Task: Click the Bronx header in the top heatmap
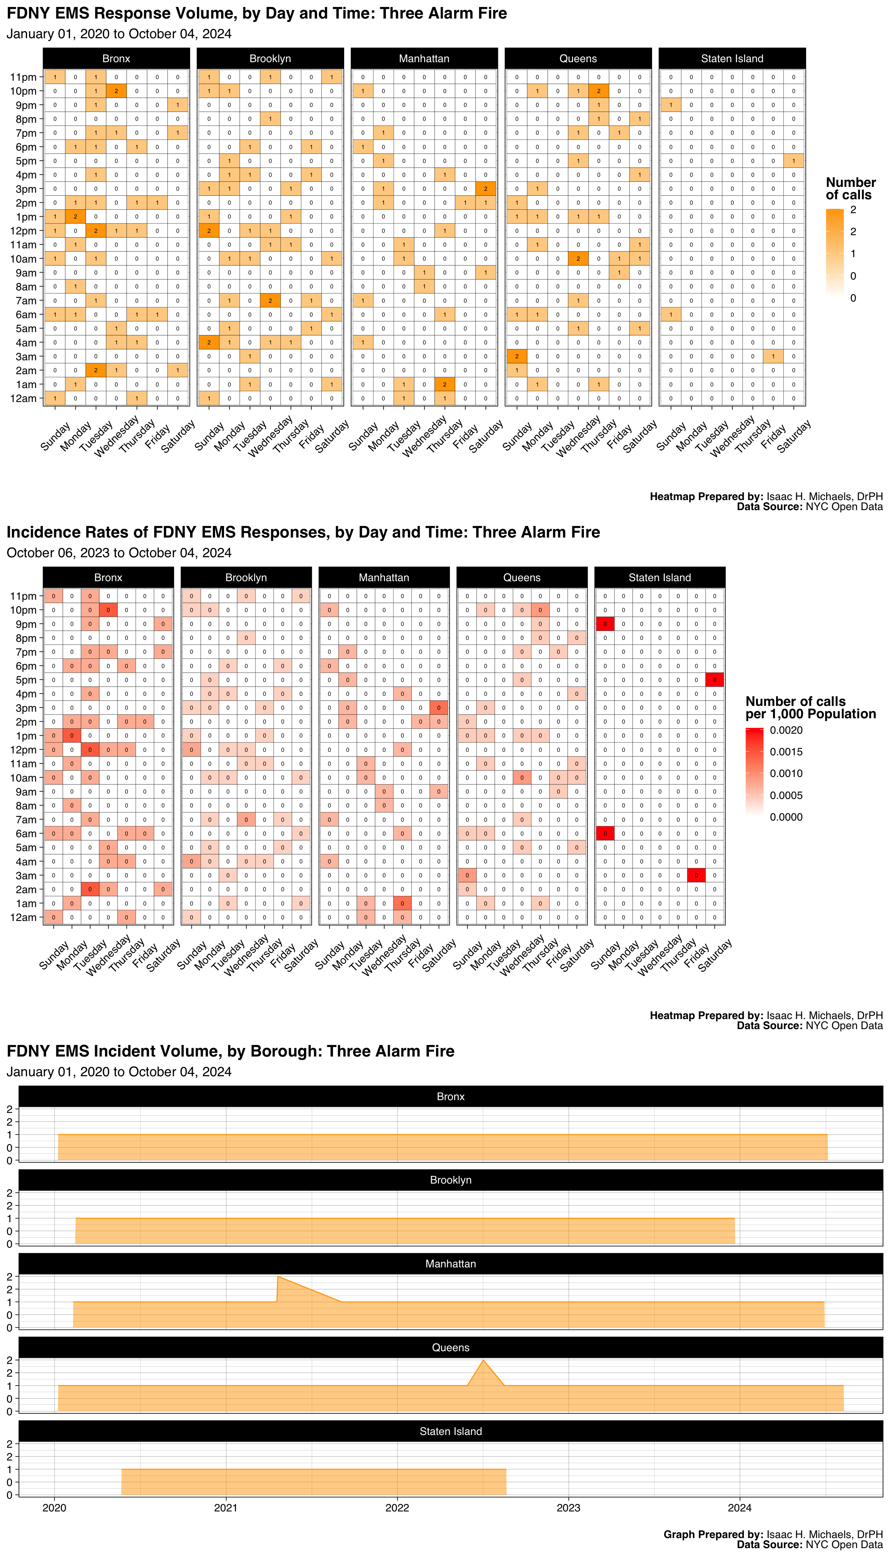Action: click(x=116, y=59)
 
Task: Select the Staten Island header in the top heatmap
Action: click(x=732, y=59)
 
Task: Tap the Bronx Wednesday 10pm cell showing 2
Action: click(x=116, y=91)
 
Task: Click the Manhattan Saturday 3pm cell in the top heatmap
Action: click(x=485, y=189)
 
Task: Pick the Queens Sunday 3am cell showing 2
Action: click(x=516, y=356)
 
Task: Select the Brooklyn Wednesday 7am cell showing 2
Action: click(x=270, y=301)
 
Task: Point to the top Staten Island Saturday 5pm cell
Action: click(x=793, y=161)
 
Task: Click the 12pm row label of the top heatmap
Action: click(x=23, y=231)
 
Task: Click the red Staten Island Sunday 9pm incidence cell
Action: click(x=605, y=624)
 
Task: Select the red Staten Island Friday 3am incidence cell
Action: click(x=696, y=876)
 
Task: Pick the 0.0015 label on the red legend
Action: click(x=786, y=751)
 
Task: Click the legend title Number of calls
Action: click(x=850, y=188)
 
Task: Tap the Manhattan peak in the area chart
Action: click(x=278, y=1277)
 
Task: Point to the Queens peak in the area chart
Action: click(x=484, y=1360)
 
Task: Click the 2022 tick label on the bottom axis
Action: click(x=397, y=1508)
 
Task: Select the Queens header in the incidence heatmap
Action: click(x=521, y=577)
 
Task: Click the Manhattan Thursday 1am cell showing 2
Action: click(x=444, y=384)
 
